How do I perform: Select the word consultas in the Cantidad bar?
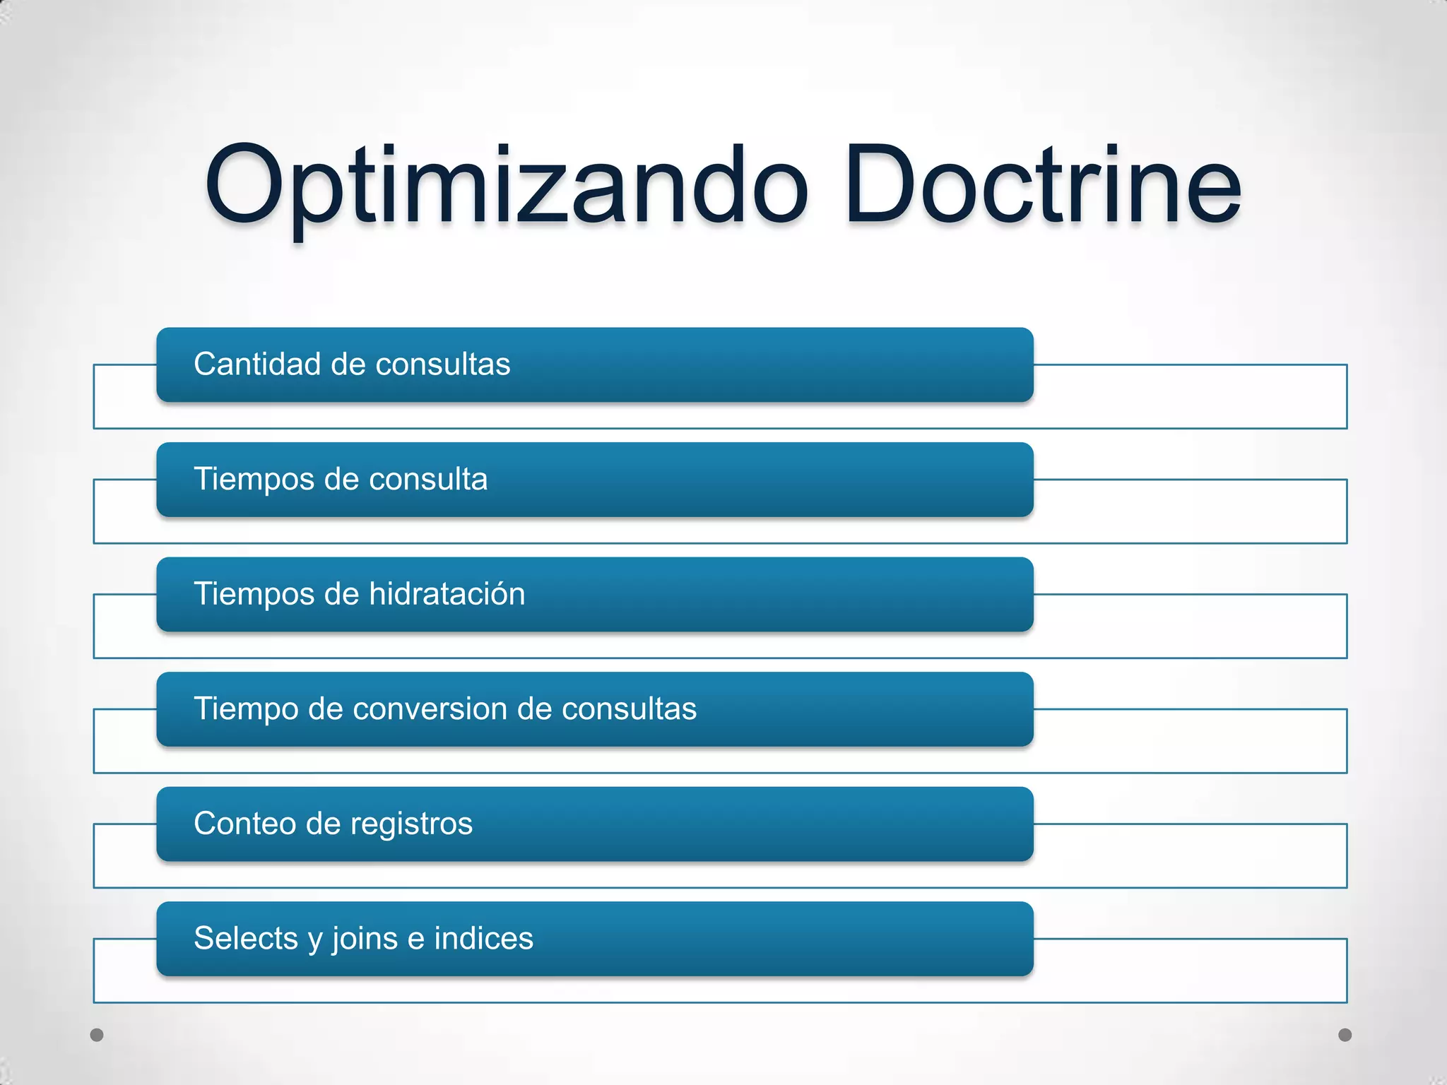coord(442,364)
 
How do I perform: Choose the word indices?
coord(483,939)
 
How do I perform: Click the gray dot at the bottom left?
coord(97,1035)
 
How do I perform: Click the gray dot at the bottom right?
coord(1345,1035)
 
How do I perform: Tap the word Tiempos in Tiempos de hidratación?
coord(254,595)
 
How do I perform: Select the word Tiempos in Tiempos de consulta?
coord(254,480)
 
